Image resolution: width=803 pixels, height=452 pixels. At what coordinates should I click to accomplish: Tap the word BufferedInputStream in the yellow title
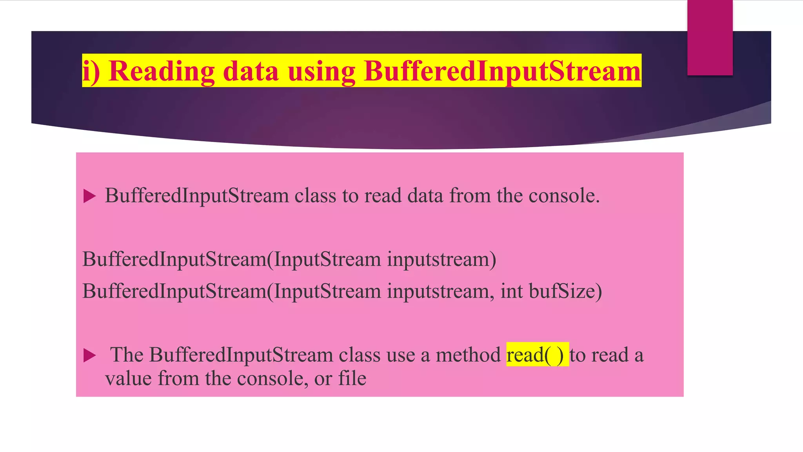(x=502, y=71)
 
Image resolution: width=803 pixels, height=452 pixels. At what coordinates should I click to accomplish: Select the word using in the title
(x=321, y=71)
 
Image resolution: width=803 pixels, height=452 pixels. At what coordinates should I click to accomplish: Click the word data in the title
(x=251, y=71)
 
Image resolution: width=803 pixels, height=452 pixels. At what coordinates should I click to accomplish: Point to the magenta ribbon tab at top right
(x=710, y=37)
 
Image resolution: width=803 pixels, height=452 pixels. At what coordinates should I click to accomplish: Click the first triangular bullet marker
(x=90, y=196)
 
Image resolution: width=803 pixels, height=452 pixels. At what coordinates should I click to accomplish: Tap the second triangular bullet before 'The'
(x=90, y=355)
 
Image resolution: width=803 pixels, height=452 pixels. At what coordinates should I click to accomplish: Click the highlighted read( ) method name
(x=537, y=355)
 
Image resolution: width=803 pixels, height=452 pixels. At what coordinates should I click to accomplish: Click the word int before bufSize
(x=512, y=291)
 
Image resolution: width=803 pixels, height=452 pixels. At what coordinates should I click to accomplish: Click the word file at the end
(x=352, y=379)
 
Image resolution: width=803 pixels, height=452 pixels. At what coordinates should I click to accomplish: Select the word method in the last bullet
(x=468, y=355)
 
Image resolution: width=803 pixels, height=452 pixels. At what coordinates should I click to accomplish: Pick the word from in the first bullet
(x=470, y=195)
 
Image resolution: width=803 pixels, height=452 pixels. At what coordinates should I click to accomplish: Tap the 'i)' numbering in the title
(x=91, y=71)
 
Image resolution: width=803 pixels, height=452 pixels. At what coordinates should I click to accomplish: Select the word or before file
(x=323, y=379)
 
